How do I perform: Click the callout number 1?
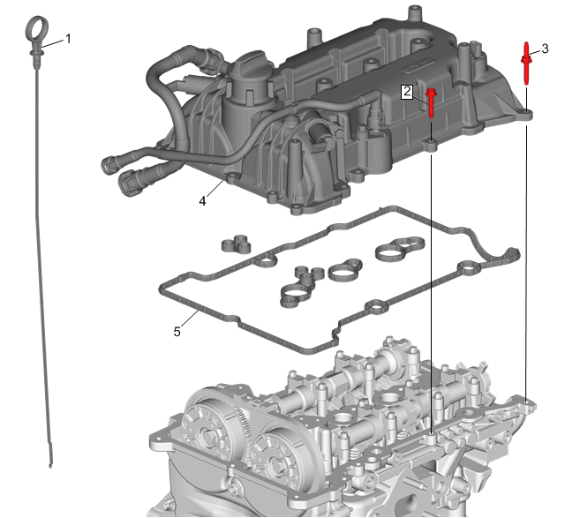(68, 39)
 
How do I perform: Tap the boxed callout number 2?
(407, 92)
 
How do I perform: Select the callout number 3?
(545, 49)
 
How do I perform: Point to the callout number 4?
(202, 201)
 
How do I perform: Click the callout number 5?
(177, 332)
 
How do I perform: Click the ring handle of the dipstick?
(37, 30)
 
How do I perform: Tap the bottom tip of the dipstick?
(50, 467)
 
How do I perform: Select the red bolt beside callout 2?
(431, 102)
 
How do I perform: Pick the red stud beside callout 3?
(526, 64)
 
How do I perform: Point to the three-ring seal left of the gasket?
(237, 244)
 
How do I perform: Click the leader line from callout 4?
(215, 189)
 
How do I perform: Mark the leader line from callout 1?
(53, 43)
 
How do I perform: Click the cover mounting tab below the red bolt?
(430, 146)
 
